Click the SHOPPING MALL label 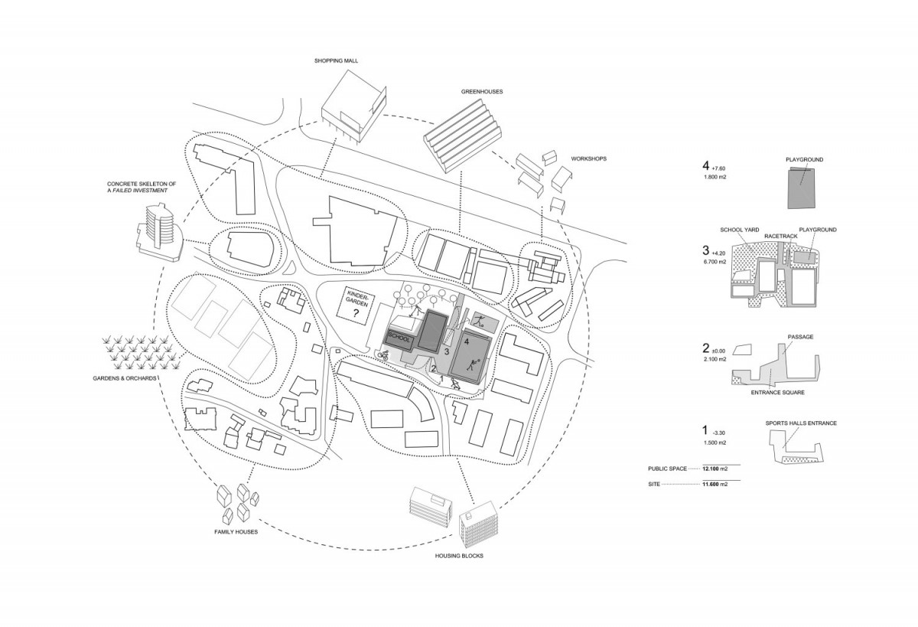pyautogui.click(x=336, y=60)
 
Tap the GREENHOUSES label pyautogui.click(x=482, y=92)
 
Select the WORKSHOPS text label pyautogui.click(x=589, y=158)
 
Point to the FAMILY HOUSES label pyautogui.click(x=236, y=532)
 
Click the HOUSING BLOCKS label pyautogui.click(x=459, y=556)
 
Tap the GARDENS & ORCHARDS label pyautogui.click(x=125, y=378)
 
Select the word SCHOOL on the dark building pyautogui.click(x=399, y=337)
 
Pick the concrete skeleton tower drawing pyautogui.click(x=158, y=232)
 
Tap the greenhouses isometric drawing pyautogui.click(x=462, y=136)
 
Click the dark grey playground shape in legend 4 pyautogui.click(x=801, y=188)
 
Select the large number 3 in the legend pyautogui.click(x=705, y=250)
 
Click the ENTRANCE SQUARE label pyautogui.click(x=778, y=393)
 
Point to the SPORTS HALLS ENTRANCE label pyautogui.click(x=801, y=423)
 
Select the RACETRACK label pyautogui.click(x=781, y=237)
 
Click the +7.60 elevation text pyautogui.click(x=719, y=168)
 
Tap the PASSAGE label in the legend pyautogui.click(x=800, y=337)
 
